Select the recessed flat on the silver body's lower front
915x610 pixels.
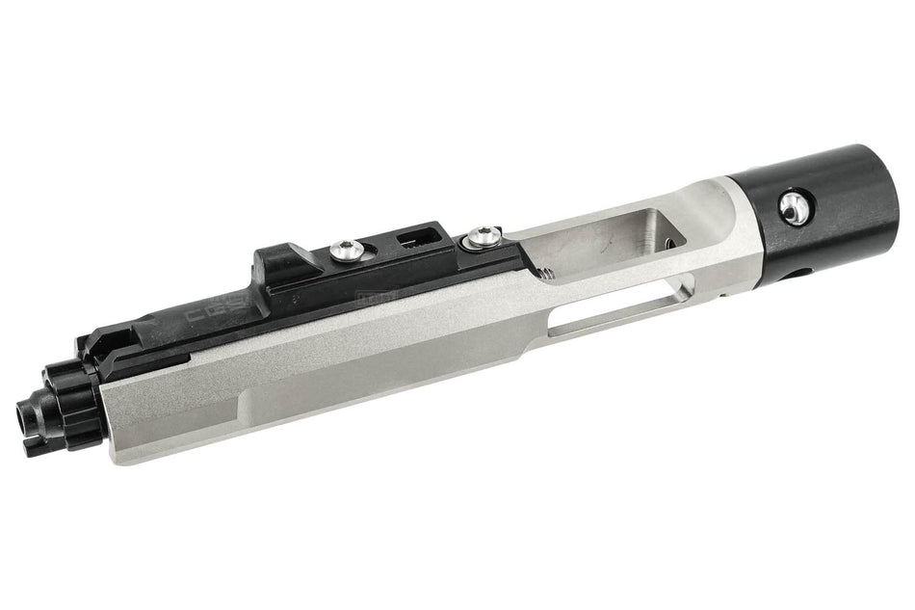(x=193, y=405)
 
